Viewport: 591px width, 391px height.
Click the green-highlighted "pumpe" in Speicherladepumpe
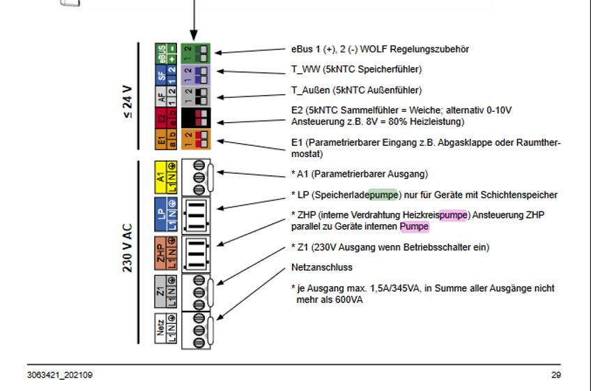(383, 195)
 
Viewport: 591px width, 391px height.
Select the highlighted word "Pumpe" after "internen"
(414, 227)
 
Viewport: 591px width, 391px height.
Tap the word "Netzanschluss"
(321, 267)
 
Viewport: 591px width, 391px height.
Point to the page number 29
(555, 376)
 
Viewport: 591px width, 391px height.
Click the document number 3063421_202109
(59, 376)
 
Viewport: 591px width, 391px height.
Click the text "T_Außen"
(308, 90)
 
